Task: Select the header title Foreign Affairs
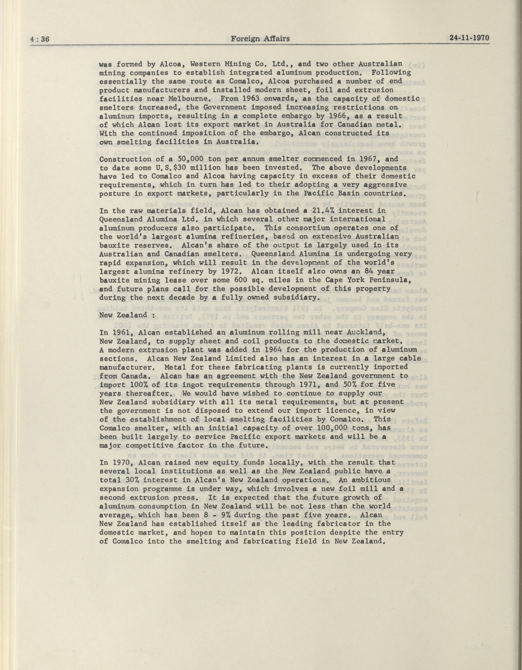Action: pyautogui.click(x=260, y=39)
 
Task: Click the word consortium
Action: pyautogui.click(x=308, y=228)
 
